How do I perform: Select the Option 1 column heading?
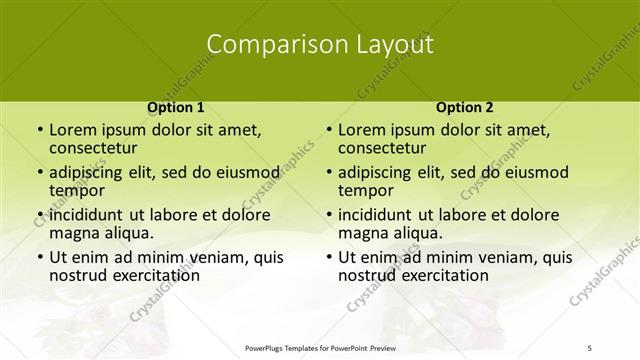pos(176,106)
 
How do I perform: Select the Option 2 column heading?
pos(464,106)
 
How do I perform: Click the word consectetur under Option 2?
pos(383,148)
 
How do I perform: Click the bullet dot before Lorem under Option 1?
pos(40,130)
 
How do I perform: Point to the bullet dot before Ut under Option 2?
pos(329,257)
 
